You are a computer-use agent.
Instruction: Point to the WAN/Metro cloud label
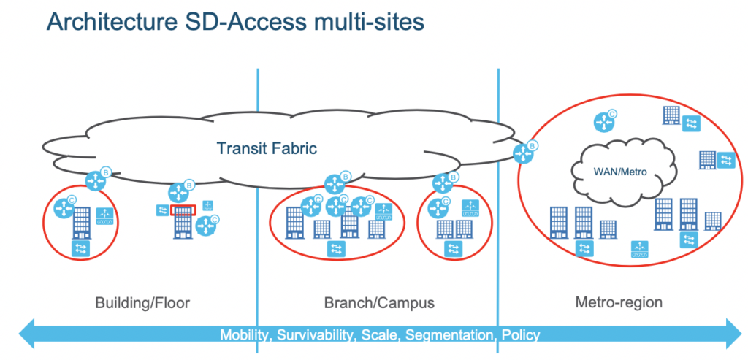620,172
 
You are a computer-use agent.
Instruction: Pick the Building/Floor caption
142,303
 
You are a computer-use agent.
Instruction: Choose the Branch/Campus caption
379,303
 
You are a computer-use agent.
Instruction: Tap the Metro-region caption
619,302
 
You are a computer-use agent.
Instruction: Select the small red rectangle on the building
183,210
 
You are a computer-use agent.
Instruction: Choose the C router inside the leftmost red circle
65,207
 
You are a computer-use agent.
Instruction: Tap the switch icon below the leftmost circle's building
80,248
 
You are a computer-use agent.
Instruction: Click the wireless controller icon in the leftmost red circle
105,216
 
